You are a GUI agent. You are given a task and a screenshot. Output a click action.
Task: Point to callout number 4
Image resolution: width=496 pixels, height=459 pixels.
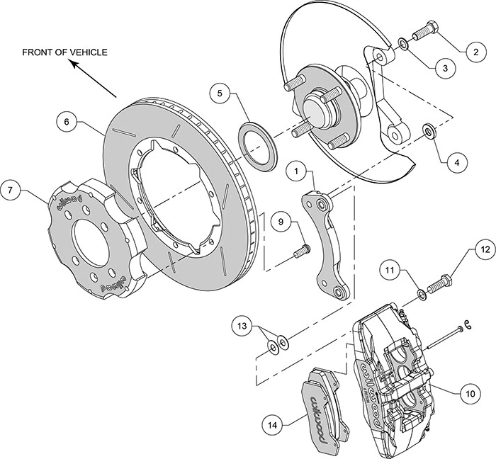coord(457,161)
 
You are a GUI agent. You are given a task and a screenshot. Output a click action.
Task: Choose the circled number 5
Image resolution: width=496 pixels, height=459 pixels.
coord(221,93)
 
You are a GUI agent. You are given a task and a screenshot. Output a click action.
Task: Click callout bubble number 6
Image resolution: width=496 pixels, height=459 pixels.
coord(67,122)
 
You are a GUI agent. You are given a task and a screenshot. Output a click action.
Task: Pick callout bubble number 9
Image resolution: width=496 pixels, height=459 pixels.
coord(281,222)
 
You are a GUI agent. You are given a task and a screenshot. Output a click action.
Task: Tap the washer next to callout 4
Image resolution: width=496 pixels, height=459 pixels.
coord(428,131)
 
